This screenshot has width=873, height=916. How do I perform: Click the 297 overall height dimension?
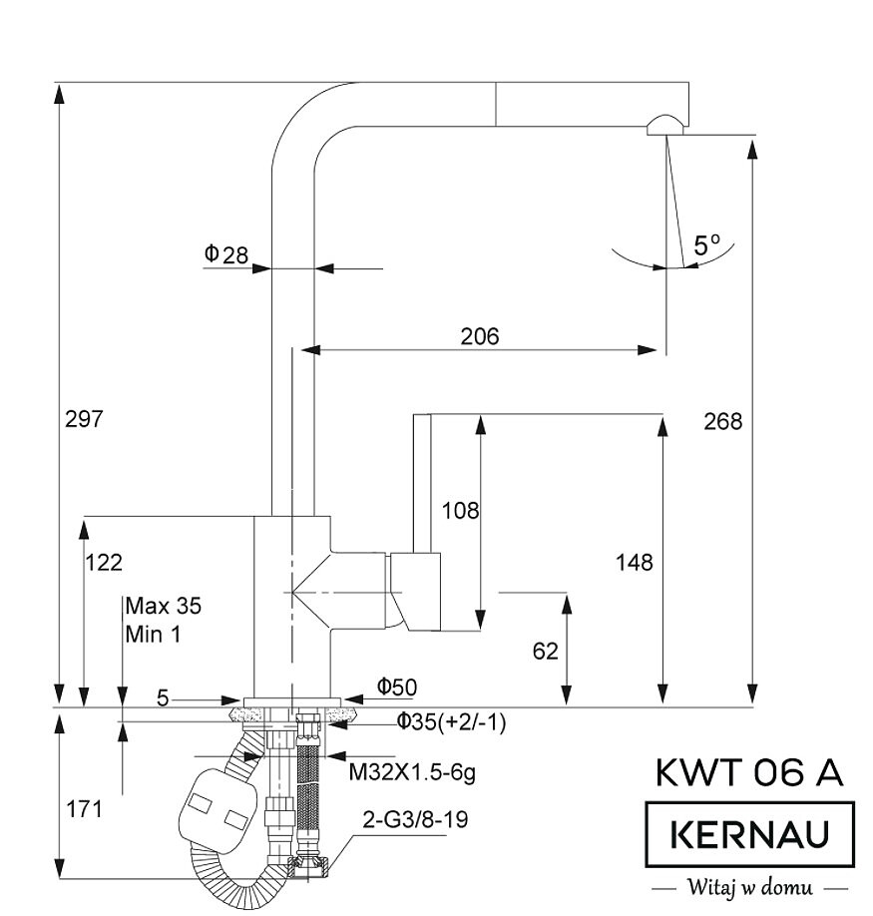coord(85,419)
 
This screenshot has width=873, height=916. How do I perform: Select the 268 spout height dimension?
coord(722,421)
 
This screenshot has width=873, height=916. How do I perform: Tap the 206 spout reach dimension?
coord(479,336)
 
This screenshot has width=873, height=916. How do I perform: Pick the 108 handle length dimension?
coord(460,511)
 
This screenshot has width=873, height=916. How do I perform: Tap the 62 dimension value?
coord(546,651)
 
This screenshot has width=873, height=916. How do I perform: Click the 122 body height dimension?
coord(104,562)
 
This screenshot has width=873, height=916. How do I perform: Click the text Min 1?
coord(153,633)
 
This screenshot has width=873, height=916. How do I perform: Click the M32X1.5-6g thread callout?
coord(412,771)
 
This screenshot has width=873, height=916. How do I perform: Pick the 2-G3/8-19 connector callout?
coord(414,820)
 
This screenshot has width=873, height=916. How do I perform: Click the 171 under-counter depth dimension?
coord(84,809)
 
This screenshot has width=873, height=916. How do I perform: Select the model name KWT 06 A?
coord(749,773)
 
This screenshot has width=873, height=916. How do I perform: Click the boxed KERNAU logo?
coord(749,833)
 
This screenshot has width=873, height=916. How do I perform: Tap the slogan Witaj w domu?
coord(748,886)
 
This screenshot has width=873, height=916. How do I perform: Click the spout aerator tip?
coord(663,125)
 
